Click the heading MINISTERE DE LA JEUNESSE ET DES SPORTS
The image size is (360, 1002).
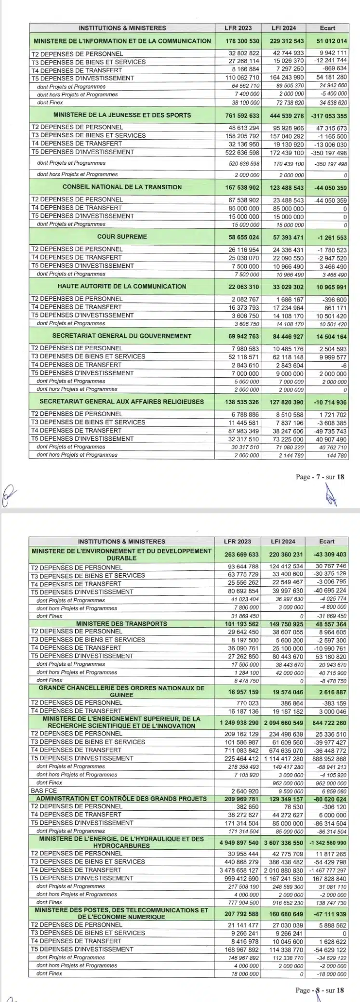(122, 115)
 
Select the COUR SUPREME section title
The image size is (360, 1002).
(122, 237)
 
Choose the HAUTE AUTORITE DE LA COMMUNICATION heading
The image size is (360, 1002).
(122, 286)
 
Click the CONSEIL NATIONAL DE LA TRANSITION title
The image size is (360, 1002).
(122, 187)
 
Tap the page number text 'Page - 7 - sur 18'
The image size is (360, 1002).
(320, 477)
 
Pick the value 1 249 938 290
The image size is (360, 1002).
(240, 723)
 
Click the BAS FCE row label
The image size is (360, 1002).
(44, 791)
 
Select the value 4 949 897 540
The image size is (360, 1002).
(240, 843)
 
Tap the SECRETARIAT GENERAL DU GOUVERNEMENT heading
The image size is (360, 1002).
(122, 336)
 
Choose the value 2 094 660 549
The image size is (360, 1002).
(285, 723)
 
